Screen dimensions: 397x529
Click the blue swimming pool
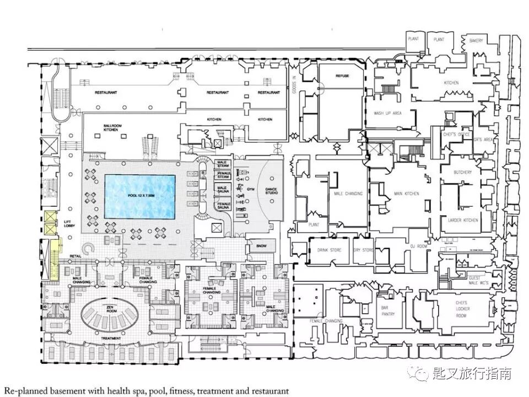[x=140, y=196]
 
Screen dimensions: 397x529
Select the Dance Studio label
[x=272, y=190]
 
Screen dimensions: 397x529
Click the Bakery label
[x=476, y=41]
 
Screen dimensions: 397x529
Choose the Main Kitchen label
[x=407, y=194]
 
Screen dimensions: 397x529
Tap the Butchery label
[x=463, y=173]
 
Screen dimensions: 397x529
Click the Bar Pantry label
[x=388, y=312]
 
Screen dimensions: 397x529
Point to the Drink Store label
[x=330, y=250]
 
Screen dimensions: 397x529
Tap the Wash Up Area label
[x=387, y=113]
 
